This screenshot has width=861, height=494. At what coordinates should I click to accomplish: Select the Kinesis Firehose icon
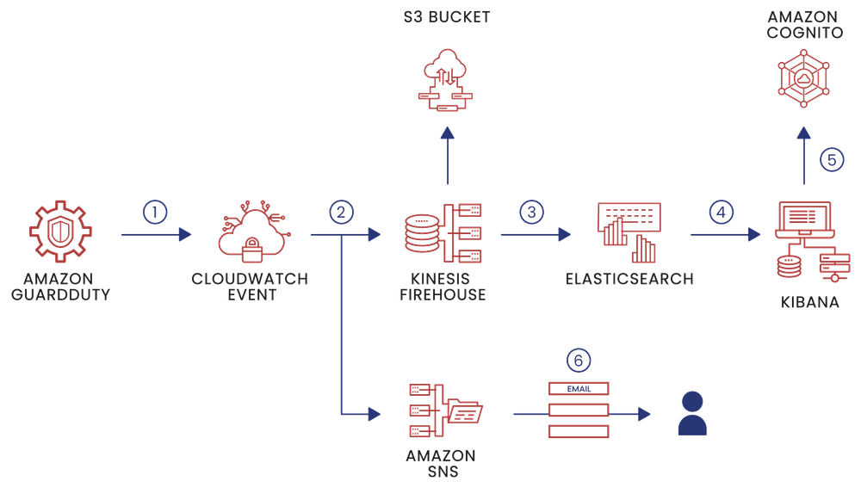coord(443,233)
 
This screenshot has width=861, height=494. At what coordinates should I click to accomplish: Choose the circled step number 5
coord(832,159)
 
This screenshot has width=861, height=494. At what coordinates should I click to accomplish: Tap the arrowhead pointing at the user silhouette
coord(644,414)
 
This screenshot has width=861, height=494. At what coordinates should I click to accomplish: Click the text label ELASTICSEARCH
coord(630,279)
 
